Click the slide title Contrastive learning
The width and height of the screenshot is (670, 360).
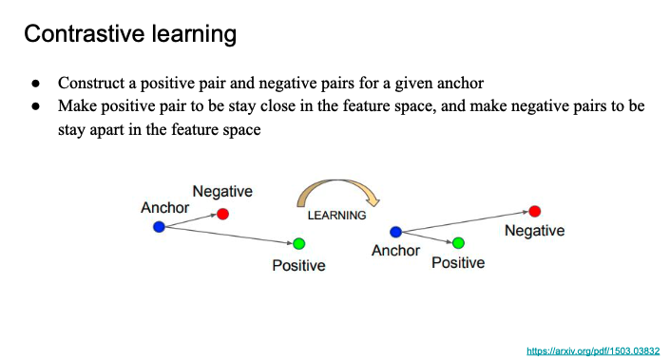tap(130, 34)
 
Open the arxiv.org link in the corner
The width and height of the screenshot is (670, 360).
tap(593, 351)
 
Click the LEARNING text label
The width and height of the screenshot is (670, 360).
tap(336, 216)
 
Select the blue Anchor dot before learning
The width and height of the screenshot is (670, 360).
tap(159, 227)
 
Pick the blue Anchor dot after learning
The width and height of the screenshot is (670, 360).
tap(395, 232)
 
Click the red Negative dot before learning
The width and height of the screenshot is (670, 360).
tap(222, 214)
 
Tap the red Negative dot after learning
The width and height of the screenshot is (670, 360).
tap(534, 211)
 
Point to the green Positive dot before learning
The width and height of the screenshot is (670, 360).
tap(299, 244)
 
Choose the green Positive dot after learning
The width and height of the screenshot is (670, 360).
tap(458, 243)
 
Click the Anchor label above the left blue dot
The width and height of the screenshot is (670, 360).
tap(165, 207)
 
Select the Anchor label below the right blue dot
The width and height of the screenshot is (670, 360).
tap(395, 250)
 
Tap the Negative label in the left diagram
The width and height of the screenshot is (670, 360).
tap(222, 191)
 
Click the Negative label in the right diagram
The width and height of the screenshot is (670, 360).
tap(534, 231)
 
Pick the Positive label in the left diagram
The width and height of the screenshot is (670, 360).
tap(298, 265)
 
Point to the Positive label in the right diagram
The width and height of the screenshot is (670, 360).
tap(458, 262)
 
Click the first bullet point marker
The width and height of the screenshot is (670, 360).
tap(36, 83)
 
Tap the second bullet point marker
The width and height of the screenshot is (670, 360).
tap(36, 105)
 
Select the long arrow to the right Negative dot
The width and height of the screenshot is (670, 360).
tap(466, 221)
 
